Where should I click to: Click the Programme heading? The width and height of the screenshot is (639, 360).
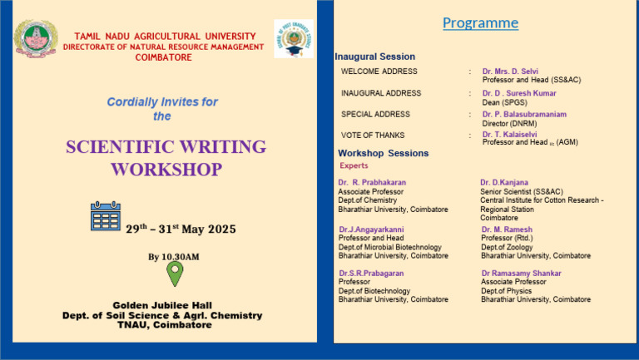click(480, 23)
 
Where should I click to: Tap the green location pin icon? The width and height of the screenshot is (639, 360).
click(175, 274)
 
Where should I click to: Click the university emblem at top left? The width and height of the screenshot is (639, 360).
click(35, 38)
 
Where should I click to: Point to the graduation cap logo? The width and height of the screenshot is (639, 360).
click(294, 38)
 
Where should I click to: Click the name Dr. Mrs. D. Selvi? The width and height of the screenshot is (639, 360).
click(510, 72)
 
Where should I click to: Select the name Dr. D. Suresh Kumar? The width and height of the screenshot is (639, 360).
click(519, 93)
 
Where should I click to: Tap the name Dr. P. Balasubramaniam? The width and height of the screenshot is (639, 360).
click(524, 114)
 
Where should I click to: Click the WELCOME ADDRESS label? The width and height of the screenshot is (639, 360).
click(379, 72)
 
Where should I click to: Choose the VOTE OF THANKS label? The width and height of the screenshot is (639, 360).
click(373, 135)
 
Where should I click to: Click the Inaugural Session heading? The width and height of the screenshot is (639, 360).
click(374, 57)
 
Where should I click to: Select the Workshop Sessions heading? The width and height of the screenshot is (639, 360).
click(384, 153)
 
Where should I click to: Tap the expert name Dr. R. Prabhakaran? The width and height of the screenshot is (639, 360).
click(372, 182)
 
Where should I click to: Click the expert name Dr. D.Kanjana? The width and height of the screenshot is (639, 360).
click(503, 182)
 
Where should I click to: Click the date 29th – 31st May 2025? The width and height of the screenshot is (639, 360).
click(181, 229)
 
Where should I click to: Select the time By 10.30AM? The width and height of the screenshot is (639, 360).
click(174, 257)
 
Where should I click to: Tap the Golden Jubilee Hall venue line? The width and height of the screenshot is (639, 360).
click(162, 305)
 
